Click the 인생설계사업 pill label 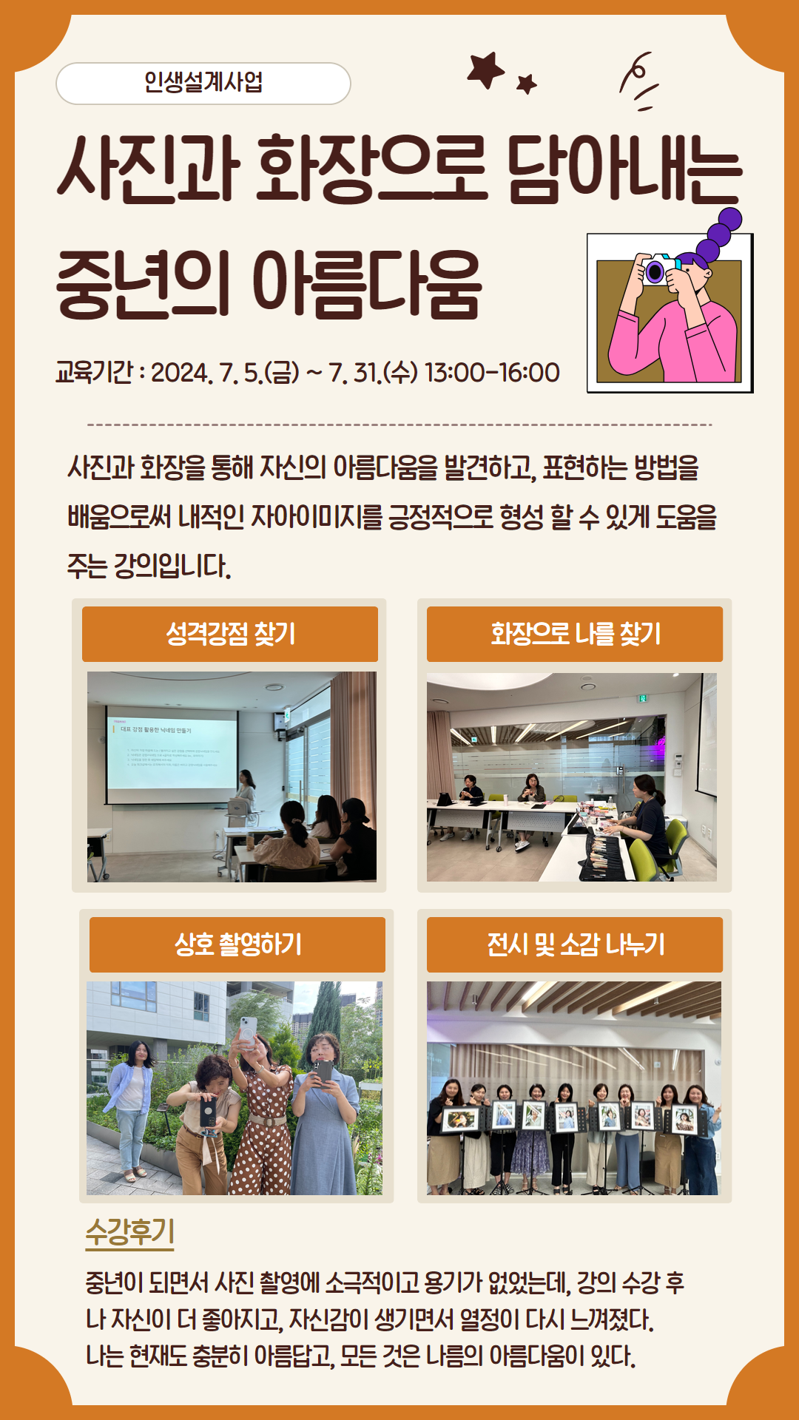point(203,83)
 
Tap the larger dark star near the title point(485,70)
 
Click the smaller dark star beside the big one point(527,84)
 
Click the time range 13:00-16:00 point(492,373)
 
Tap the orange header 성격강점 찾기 point(230,634)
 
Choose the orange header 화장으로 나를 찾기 point(575,634)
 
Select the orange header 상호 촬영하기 point(237,944)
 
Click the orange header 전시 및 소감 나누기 point(575,944)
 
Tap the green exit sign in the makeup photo point(643,697)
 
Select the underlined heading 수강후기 point(129,1231)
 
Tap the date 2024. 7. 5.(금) point(225,373)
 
